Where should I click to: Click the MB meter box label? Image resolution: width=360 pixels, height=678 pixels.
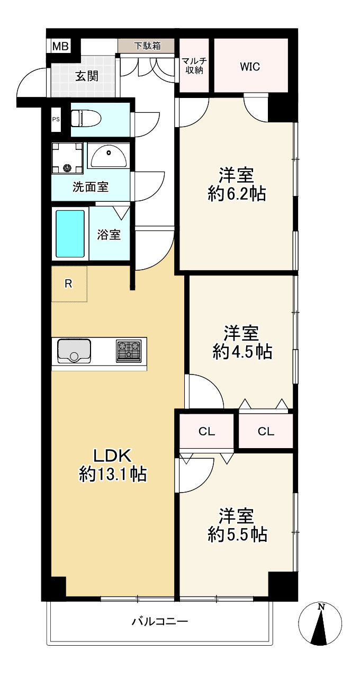point(61,47)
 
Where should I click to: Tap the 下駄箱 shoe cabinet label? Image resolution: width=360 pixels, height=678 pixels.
point(147,46)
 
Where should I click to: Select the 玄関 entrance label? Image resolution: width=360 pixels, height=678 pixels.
point(87,76)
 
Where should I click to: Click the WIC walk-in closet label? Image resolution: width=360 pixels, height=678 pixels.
point(250,66)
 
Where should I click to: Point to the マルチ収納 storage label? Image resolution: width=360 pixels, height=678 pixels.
point(194,66)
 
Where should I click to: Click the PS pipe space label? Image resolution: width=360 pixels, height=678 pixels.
point(56,119)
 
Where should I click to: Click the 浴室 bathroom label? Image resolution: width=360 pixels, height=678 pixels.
point(109,235)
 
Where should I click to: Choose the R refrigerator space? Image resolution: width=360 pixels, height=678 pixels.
point(69,284)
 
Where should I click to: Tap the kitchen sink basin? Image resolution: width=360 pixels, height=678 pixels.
point(75,351)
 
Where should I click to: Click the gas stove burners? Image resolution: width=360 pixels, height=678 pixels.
point(129,351)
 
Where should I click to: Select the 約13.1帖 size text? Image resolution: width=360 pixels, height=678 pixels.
point(113,474)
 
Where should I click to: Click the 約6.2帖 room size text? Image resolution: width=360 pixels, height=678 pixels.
point(237,194)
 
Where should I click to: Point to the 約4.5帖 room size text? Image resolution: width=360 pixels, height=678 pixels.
point(242,352)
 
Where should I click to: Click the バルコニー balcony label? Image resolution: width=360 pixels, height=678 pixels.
point(160,622)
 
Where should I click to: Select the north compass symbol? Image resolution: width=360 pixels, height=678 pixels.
point(320,623)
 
